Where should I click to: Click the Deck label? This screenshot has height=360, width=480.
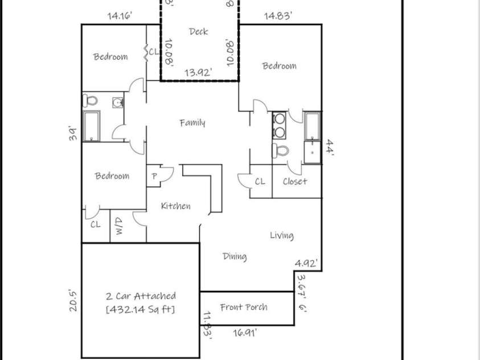tap(198, 32)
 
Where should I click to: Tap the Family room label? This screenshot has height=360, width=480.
tap(192, 122)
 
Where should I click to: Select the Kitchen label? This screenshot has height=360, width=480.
tap(175, 206)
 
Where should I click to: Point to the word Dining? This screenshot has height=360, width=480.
tap(234, 256)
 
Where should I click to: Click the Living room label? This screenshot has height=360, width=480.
tap(281, 235)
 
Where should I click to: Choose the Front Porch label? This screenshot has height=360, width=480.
tap(244, 307)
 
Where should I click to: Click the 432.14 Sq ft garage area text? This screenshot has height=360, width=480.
tap(141, 309)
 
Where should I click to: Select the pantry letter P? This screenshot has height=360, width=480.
tap(154, 177)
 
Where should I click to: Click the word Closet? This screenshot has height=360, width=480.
tap(295, 181)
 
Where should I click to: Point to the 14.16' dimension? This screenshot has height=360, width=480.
tap(120, 16)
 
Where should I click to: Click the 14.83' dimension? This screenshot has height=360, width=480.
tap(278, 16)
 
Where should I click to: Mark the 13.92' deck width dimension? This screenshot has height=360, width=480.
tap(199, 72)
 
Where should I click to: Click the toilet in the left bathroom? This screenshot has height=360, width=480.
tap(91, 101)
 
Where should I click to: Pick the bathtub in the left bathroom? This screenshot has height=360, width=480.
tap(92, 125)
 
